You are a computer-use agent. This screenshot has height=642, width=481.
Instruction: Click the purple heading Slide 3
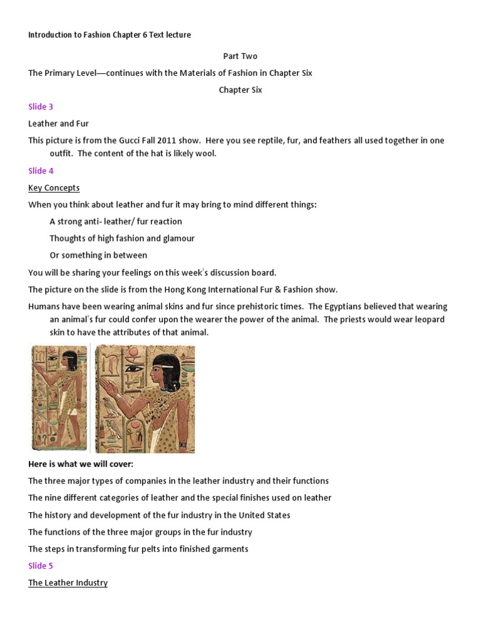pos(41,107)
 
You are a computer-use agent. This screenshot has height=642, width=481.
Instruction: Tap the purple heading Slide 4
pos(41,171)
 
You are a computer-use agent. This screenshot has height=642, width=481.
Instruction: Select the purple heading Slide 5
pos(41,566)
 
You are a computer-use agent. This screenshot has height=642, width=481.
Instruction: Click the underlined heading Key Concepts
pos(54,187)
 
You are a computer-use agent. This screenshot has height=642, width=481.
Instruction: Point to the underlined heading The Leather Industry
pos(68,582)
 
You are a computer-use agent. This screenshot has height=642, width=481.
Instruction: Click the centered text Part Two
pos(240,56)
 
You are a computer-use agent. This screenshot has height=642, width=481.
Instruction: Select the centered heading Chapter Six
pos(240,90)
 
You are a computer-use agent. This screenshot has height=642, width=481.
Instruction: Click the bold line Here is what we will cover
pos(81,464)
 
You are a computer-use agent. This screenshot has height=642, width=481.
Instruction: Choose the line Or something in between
pos(98,255)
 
